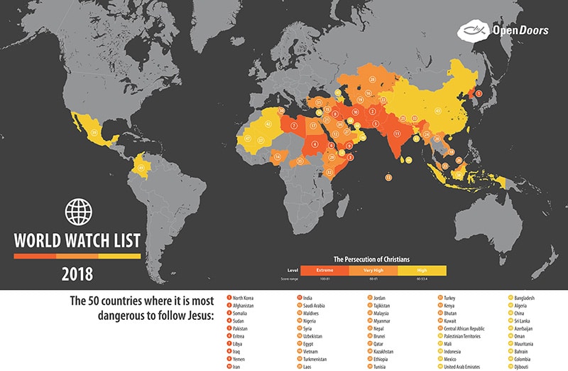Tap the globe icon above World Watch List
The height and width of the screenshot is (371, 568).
pyautogui.click(x=79, y=211)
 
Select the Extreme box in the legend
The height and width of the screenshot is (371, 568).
pyautogui.click(x=324, y=270)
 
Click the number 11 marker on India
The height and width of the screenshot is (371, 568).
pyautogui.click(x=397, y=133)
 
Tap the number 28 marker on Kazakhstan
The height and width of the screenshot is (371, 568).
pyautogui.click(x=368, y=93)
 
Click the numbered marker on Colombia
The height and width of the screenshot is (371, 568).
pyautogui.click(x=141, y=168)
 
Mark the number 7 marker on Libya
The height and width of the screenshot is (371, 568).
pyautogui.click(x=294, y=126)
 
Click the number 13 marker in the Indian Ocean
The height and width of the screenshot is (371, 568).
pyautogui.click(x=388, y=177)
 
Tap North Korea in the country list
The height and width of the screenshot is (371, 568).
pyautogui.click(x=243, y=298)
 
